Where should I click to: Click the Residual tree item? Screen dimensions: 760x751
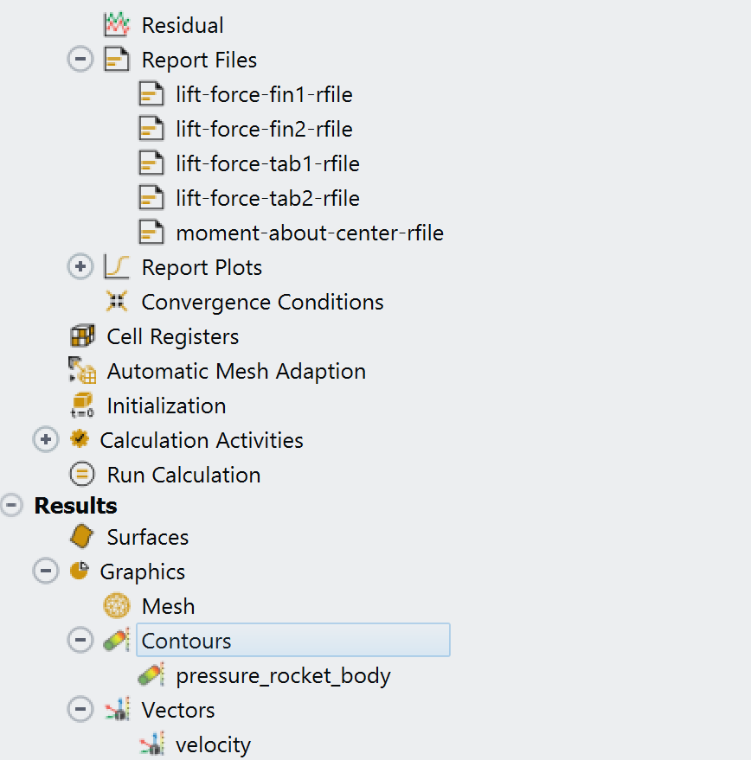[x=182, y=25]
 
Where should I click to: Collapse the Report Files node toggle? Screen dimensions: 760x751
[x=80, y=60]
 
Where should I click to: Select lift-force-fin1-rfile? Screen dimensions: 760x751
[x=264, y=94]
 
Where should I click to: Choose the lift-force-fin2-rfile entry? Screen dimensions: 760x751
[x=264, y=129]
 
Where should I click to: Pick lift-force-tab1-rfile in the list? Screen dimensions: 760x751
[x=267, y=163]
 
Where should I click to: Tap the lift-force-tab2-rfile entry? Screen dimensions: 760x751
[x=267, y=198]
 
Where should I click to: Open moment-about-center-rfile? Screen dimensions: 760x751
[x=309, y=233]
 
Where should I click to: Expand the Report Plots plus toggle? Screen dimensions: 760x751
[x=80, y=267]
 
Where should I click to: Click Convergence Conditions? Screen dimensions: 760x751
[x=262, y=302]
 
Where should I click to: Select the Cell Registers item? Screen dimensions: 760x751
[x=172, y=336]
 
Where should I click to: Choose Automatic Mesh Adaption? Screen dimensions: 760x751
[x=235, y=371]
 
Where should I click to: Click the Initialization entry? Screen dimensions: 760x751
[x=166, y=406]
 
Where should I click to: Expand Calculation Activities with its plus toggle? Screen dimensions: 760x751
[x=46, y=440]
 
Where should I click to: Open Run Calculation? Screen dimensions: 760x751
[x=183, y=475]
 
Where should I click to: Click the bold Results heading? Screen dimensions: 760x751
[x=75, y=506]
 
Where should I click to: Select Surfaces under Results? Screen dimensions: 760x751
[x=147, y=537]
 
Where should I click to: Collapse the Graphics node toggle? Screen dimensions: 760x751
[x=46, y=572]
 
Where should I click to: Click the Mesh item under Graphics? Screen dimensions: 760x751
[x=168, y=606]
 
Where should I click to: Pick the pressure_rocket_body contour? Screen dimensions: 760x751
[x=283, y=675]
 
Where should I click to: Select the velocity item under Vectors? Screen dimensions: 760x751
[x=213, y=744]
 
